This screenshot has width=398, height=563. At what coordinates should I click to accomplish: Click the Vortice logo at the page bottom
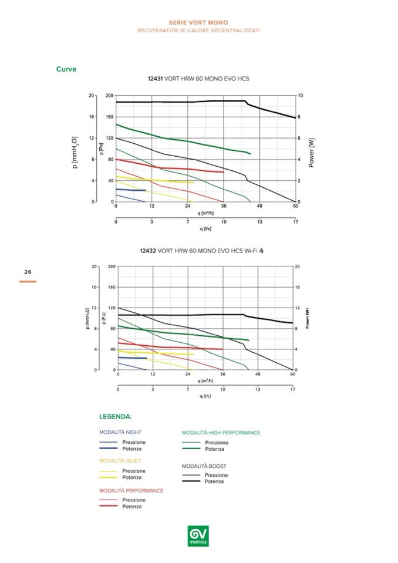198,534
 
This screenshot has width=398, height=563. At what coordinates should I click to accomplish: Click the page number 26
28,272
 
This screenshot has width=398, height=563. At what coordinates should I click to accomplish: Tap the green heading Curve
66,69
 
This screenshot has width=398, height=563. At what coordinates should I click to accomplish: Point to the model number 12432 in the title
147,251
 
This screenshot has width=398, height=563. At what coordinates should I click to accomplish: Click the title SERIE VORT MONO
198,22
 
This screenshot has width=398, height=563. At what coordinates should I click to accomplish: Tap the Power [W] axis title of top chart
311,151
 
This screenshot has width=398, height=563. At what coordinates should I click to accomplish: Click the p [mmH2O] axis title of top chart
75,151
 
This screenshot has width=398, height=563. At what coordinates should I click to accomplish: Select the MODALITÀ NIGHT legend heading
120,432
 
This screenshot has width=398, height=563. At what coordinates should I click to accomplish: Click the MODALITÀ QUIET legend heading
120,461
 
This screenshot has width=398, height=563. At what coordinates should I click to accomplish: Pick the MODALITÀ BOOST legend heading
204,466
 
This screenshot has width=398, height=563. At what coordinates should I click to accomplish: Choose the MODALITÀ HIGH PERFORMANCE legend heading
221,433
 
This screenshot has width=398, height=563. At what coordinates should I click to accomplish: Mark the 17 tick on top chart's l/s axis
296,222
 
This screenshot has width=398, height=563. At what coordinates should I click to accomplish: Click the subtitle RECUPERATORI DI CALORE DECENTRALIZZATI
198,30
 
